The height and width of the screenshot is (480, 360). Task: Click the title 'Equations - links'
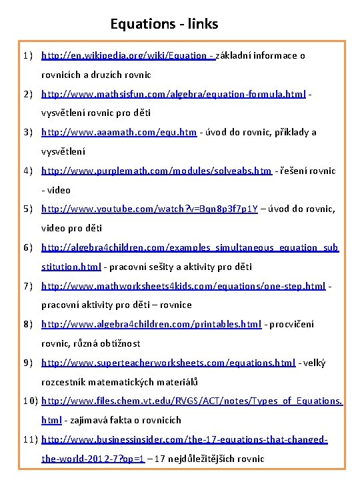pos(164,25)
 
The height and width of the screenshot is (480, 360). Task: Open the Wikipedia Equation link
pos(127,55)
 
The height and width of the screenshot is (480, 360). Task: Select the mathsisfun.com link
pos(173,94)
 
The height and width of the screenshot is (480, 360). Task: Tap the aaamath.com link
pos(119,132)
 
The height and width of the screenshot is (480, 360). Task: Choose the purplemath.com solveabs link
pos(157,171)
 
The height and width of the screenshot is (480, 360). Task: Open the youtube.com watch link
pos(150,209)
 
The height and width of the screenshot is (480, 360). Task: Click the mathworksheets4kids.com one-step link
pos(183,286)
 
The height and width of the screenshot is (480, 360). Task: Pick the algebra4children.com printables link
pos(151,325)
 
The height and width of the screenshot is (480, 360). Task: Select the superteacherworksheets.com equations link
pos(168,363)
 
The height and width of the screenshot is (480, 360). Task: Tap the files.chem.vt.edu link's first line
pos(192,401)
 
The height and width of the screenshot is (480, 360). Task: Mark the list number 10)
pos(25,401)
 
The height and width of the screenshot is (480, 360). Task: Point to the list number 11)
pos(25,440)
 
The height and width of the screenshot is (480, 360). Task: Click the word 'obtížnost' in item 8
pos(119,344)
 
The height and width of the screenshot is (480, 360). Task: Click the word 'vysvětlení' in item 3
pos(63,151)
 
